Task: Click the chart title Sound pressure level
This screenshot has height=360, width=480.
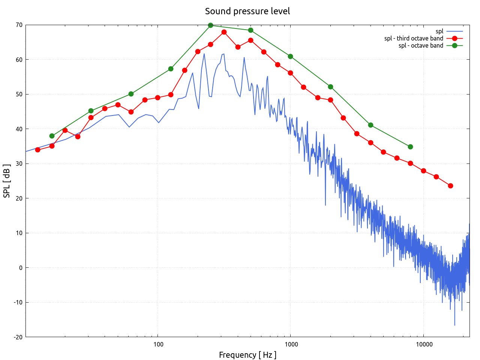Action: coord(247,11)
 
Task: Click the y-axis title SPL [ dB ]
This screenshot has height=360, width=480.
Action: coord(7,181)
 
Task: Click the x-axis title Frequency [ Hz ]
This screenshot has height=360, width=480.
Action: coord(247,355)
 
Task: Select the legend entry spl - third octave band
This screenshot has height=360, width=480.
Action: coord(414,38)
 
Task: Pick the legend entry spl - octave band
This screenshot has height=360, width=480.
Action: coord(421,45)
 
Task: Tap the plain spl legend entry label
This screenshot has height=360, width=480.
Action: coord(439,31)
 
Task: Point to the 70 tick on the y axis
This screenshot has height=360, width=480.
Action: coord(19,25)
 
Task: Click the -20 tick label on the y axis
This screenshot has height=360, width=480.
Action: coord(18,337)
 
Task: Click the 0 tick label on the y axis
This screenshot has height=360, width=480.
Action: coord(21,268)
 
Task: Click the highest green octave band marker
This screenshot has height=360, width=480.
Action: coord(210,25)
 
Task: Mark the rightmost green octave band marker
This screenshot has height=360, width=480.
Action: coord(410,147)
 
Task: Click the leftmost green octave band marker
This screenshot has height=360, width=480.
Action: coord(52,136)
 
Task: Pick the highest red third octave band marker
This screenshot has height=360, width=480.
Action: coord(224,32)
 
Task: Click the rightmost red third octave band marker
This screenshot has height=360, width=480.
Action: coord(450,186)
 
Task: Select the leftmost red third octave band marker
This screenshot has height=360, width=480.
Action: coord(37,150)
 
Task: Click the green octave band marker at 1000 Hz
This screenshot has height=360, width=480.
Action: coord(290,56)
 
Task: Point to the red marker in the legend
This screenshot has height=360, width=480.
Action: coord(454,38)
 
